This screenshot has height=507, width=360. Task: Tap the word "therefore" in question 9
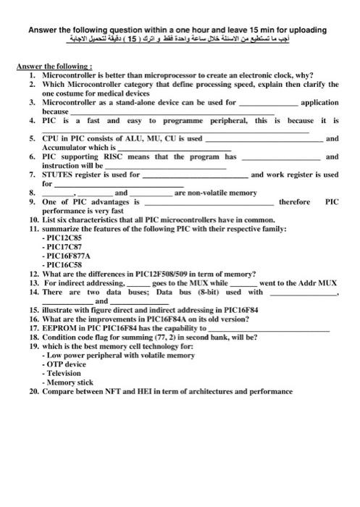point(294,202)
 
